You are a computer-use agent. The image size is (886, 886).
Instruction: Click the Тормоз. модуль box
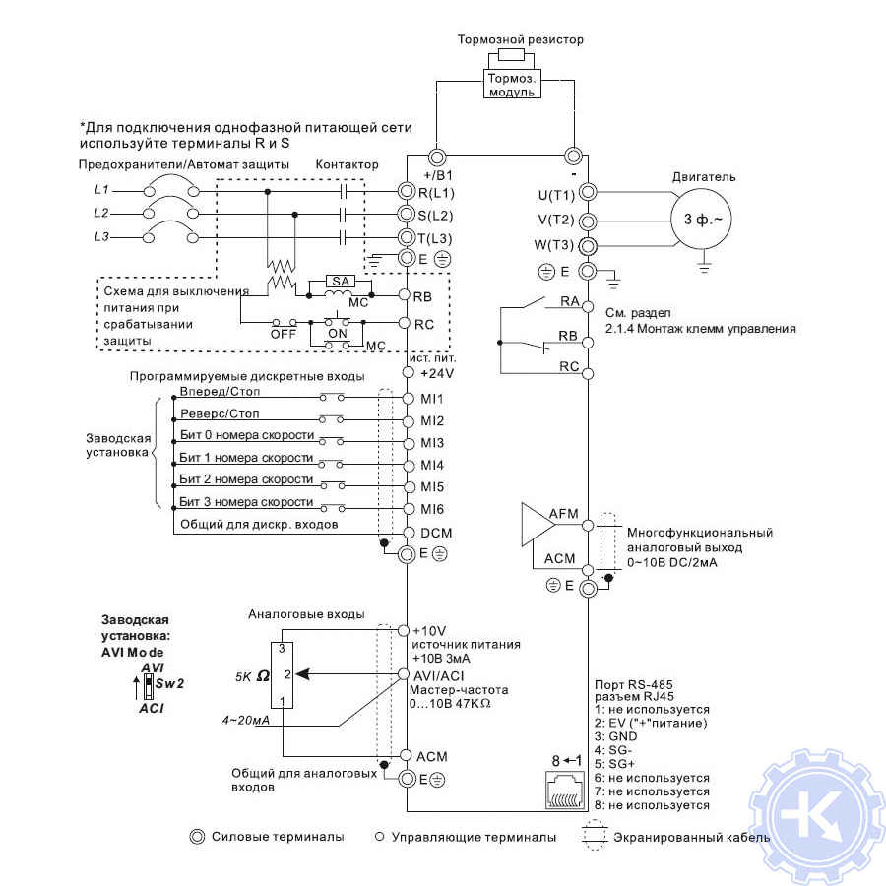point(512,84)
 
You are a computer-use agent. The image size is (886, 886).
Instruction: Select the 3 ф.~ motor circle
point(701,221)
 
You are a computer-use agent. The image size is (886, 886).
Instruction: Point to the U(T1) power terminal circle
point(588,191)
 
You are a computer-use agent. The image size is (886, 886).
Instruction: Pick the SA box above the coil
point(341,281)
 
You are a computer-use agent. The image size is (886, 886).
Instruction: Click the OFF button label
point(283,333)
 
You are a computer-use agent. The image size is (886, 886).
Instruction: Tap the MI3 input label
point(432,443)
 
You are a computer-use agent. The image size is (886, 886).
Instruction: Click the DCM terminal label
point(435,532)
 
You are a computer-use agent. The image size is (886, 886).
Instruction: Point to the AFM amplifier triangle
point(540,525)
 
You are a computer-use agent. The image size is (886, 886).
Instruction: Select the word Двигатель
point(704,177)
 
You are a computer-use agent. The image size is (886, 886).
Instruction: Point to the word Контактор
point(346,164)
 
